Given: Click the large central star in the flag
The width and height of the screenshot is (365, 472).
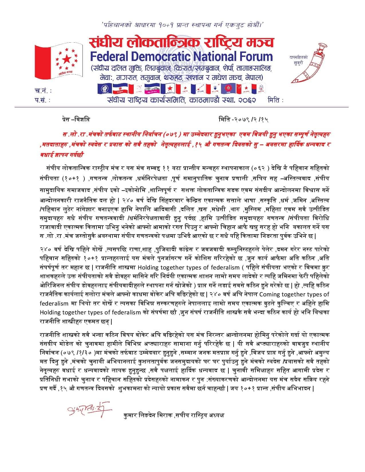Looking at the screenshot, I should pos(67,59).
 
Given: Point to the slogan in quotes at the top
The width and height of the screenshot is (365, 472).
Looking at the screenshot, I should pos(182,25).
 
